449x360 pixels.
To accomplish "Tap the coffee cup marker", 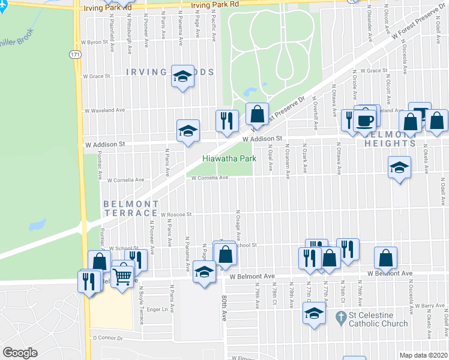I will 366,120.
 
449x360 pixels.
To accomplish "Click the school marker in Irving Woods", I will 182,76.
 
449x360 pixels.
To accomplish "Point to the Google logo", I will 20,353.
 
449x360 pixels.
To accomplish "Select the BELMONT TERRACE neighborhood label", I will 130,209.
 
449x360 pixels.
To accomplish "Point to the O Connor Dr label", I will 107,338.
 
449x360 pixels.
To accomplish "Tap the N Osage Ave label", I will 239,224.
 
